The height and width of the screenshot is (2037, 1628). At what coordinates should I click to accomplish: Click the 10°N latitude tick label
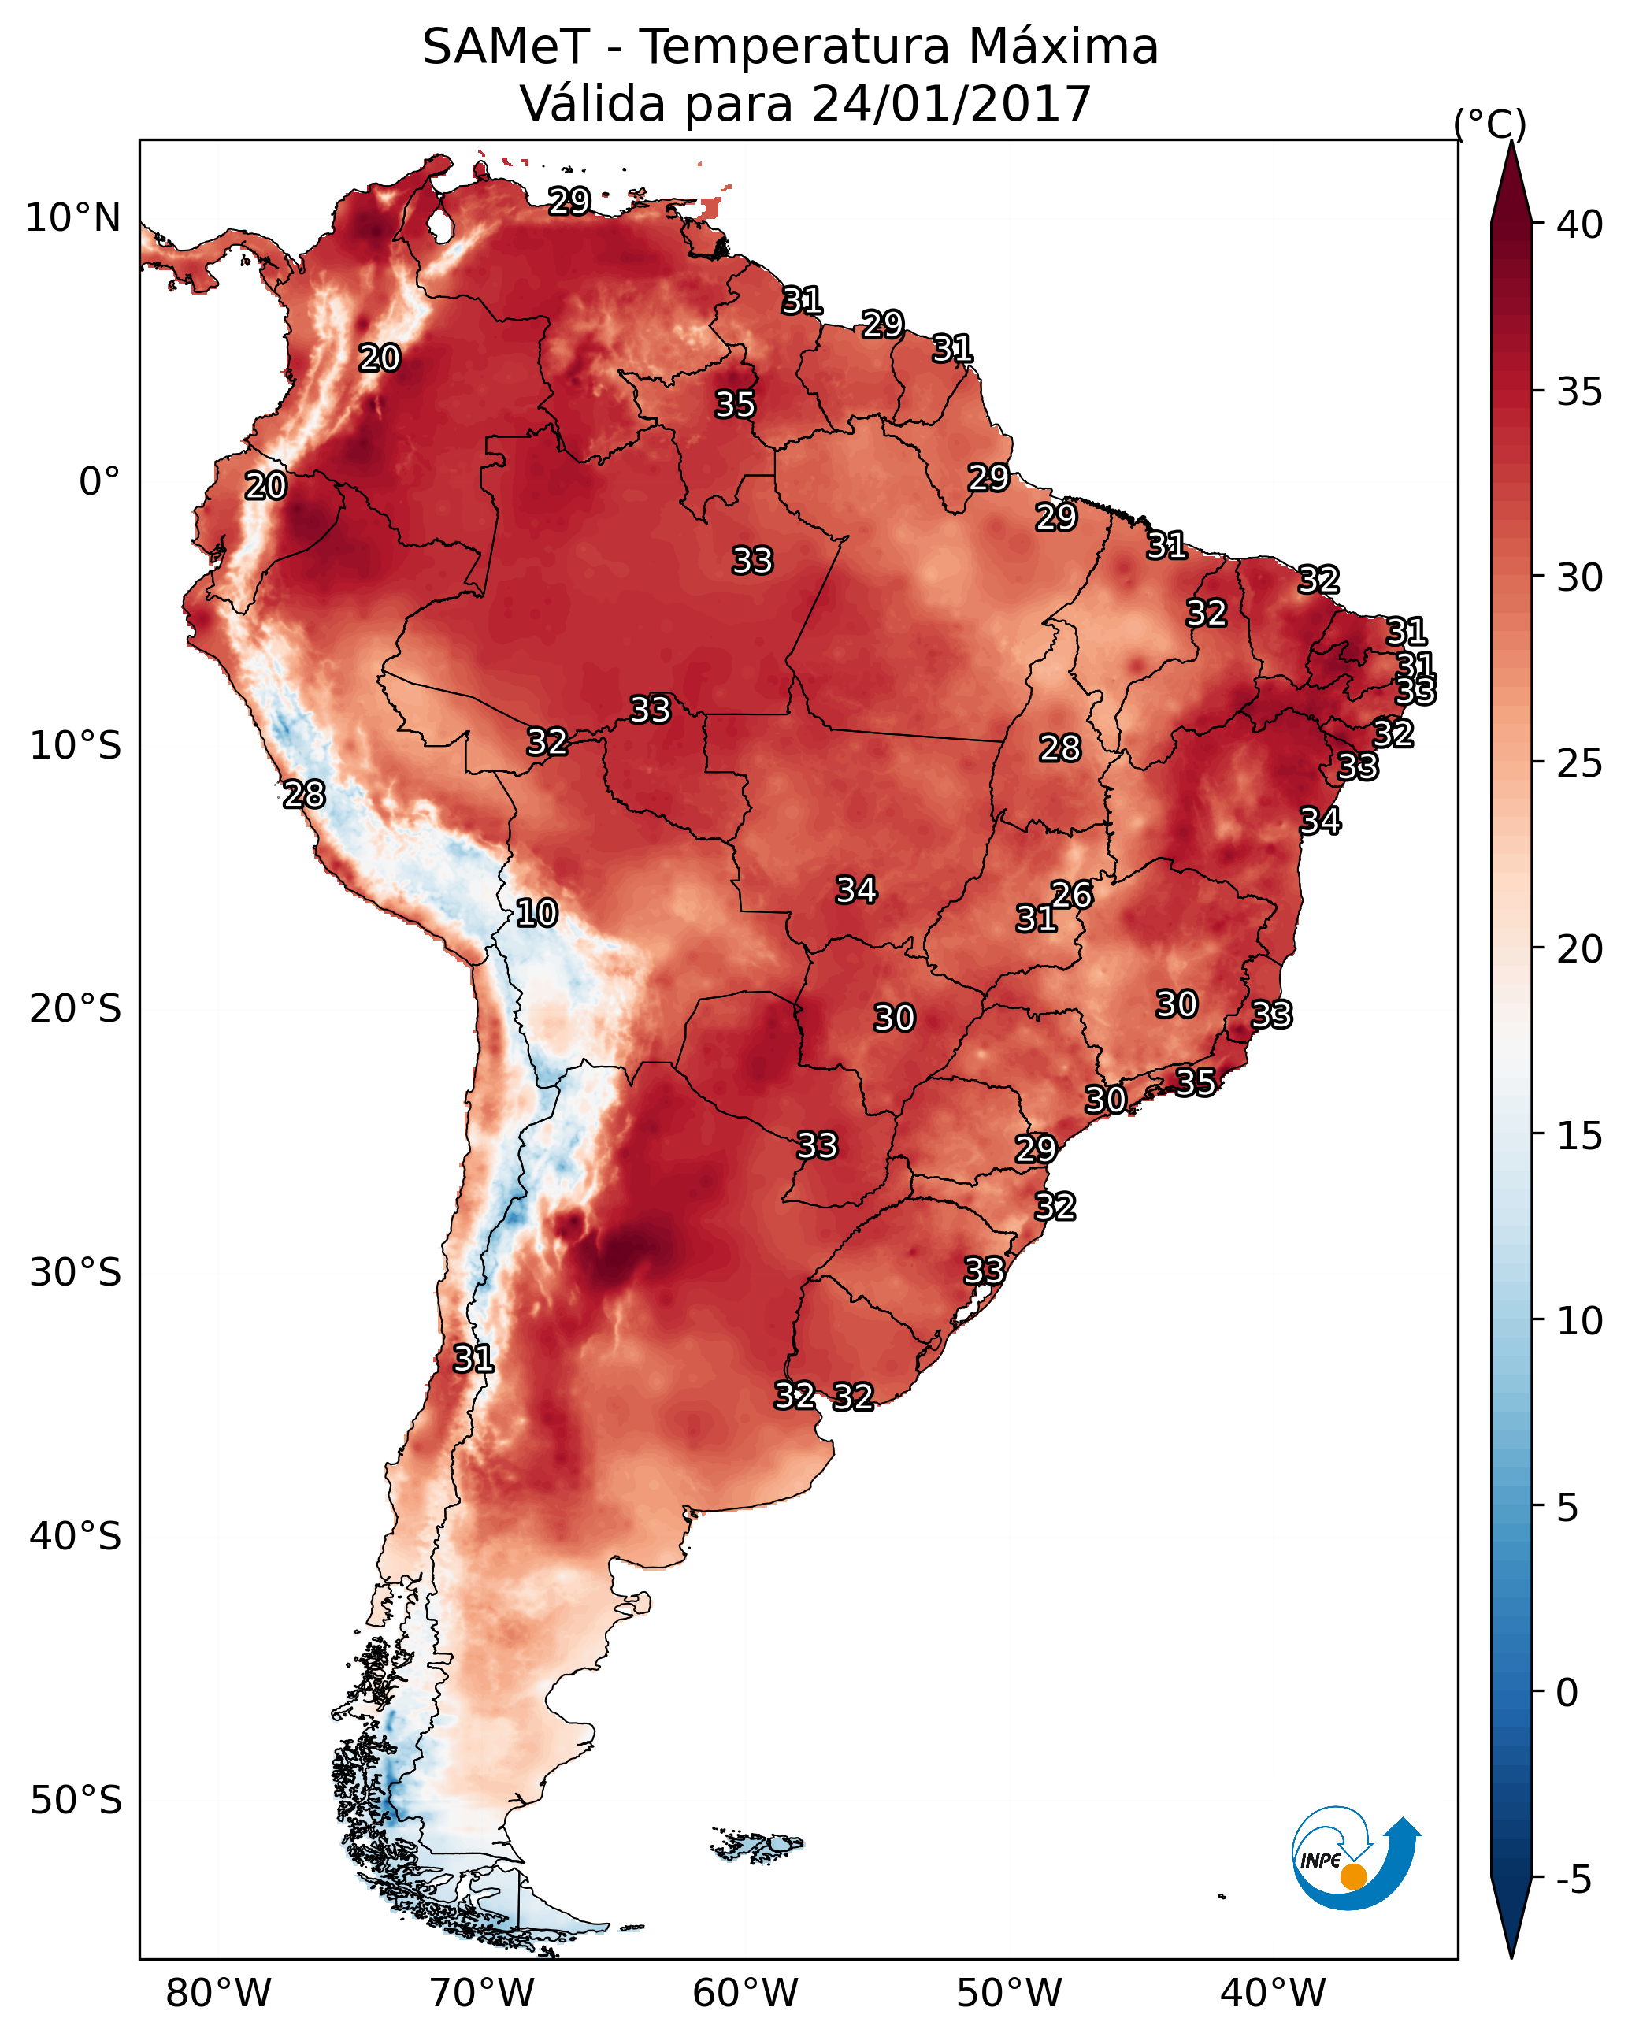(x=72, y=218)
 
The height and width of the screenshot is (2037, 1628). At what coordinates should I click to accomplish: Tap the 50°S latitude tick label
(x=76, y=1800)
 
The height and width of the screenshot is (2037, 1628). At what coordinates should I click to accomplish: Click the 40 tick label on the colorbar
(x=1580, y=224)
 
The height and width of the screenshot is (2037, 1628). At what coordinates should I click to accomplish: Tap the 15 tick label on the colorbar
(x=1580, y=1136)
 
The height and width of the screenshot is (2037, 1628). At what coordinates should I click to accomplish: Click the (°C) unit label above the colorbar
(x=1489, y=124)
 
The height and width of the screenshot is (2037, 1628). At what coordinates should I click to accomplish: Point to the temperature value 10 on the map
(x=536, y=913)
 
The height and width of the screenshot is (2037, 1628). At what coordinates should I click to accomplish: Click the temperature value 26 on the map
(x=1071, y=894)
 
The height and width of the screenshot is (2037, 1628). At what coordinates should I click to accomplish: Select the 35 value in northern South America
(x=734, y=404)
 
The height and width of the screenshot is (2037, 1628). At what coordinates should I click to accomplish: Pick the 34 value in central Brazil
(x=856, y=889)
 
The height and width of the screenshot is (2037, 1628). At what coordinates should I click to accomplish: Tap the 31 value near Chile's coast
(x=473, y=1359)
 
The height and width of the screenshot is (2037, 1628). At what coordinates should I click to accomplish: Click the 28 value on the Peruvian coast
(x=304, y=795)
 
